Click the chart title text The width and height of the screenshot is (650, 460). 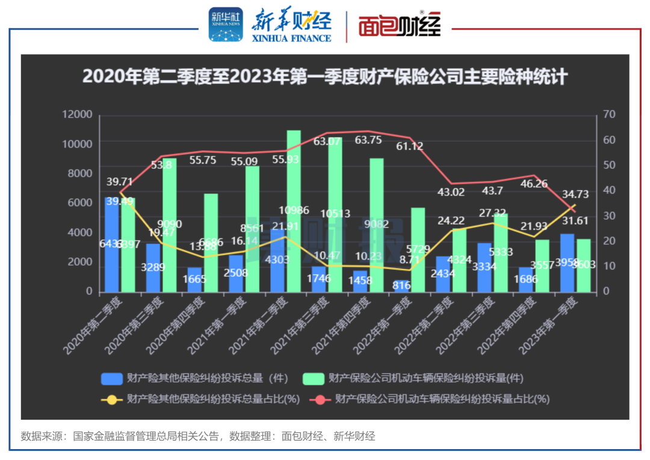click(325, 78)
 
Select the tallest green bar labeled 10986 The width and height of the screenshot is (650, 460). click(294, 211)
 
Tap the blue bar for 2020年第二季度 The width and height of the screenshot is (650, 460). click(112, 244)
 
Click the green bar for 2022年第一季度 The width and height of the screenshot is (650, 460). click(418, 250)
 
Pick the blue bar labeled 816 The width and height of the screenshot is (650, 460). click(401, 286)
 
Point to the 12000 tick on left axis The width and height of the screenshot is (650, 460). click(78, 114)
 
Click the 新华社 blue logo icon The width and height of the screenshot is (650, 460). click(226, 25)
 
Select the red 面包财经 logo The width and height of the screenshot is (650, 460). click(400, 26)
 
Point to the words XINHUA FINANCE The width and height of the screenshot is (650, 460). click(291, 37)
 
